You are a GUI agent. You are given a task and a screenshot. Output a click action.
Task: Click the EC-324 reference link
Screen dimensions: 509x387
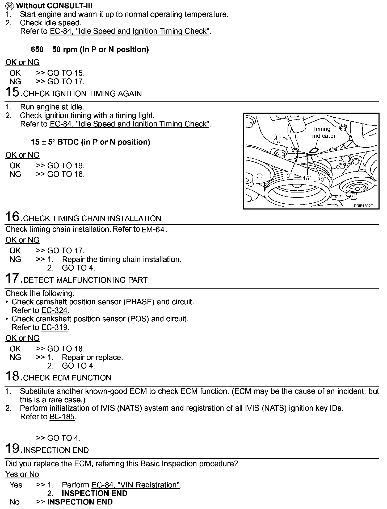[54, 310]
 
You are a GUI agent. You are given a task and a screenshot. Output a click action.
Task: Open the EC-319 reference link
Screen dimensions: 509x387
[54, 327]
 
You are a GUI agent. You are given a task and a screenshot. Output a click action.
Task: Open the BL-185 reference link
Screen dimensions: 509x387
[62, 417]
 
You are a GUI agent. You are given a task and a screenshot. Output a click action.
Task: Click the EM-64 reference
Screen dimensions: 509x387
[153, 230]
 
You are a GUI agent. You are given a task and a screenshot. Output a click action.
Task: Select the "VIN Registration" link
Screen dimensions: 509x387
[136, 485]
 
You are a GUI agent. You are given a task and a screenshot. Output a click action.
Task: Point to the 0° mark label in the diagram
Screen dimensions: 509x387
[289, 176]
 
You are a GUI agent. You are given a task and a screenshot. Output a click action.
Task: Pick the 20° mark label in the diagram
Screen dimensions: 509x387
[321, 180]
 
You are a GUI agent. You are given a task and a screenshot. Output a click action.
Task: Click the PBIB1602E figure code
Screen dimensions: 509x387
[363, 206]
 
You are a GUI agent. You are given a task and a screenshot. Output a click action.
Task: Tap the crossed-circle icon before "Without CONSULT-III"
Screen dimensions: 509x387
[10, 6]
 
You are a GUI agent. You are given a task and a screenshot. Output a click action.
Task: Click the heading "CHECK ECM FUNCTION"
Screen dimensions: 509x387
[67, 378]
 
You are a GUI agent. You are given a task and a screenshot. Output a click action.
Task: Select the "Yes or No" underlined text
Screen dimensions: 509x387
[22, 474]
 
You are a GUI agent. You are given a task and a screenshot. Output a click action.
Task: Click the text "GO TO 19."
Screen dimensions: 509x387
[66, 166]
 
